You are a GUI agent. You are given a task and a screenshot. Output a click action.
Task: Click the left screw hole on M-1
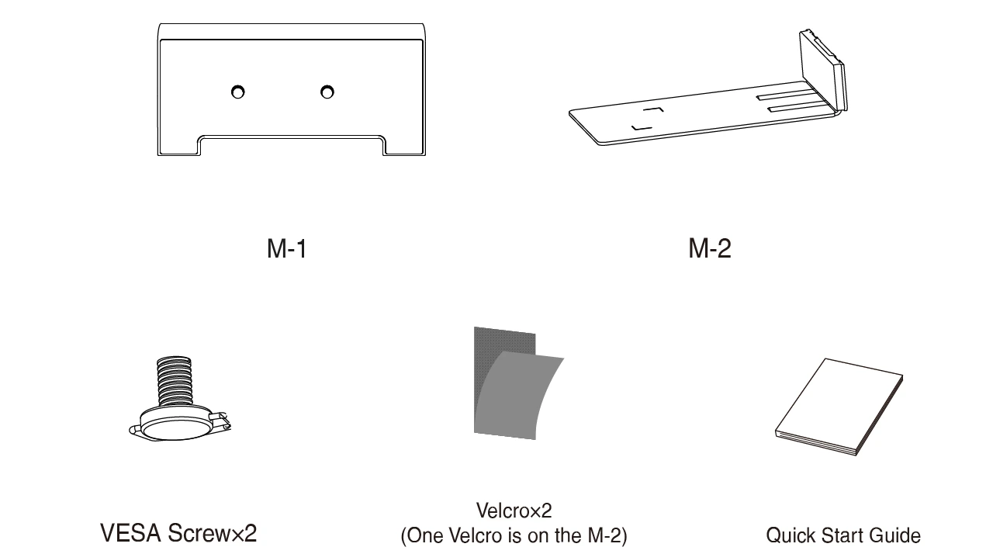click(x=238, y=92)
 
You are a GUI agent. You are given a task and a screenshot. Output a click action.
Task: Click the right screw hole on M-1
click(x=327, y=92)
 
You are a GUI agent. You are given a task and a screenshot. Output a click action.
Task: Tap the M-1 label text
click(x=287, y=249)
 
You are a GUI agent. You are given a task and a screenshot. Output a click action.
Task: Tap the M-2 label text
click(x=709, y=249)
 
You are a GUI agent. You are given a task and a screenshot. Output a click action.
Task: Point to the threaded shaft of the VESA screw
click(x=174, y=381)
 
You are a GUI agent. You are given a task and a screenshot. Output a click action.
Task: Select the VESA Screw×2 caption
click(x=178, y=534)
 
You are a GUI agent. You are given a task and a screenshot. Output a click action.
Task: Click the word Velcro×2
click(x=514, y=511)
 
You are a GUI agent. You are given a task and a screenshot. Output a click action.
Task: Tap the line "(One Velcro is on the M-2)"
click(x=514, y=535)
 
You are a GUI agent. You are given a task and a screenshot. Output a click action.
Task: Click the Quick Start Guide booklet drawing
click(x=838, y=407)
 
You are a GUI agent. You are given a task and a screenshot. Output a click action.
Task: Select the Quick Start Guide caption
click(x=843, y=535)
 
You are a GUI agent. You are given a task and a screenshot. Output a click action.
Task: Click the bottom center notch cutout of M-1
click(x=291, y=146)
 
